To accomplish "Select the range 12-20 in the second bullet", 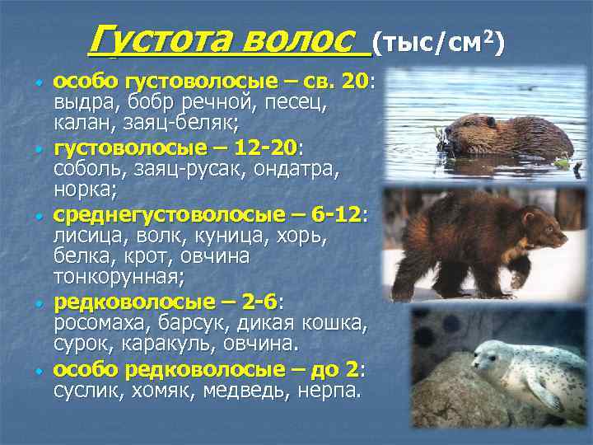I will tap(264, 148).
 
